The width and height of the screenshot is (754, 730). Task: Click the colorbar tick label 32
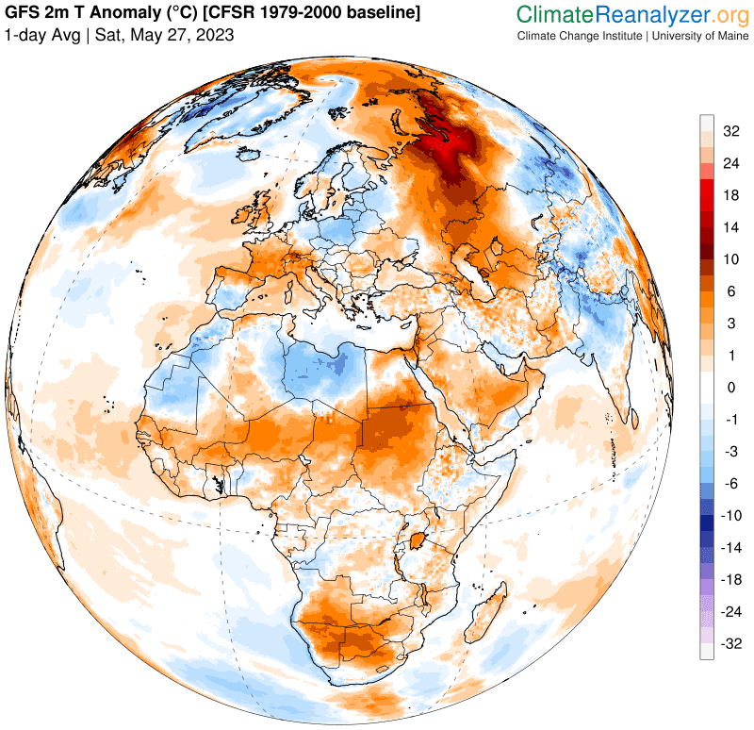click(730, 131)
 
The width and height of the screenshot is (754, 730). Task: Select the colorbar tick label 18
click(730, 195)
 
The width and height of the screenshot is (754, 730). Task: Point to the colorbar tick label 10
click(730, 257)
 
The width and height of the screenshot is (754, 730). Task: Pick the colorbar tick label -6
click(730, 483)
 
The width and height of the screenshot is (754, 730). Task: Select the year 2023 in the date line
click(214, 35)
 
